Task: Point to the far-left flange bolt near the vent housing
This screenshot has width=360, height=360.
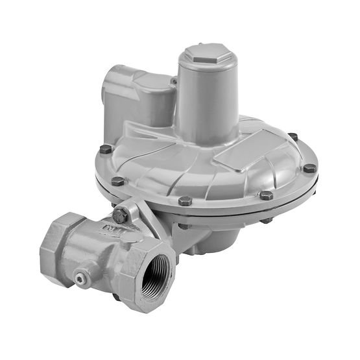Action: [x=106, y=149]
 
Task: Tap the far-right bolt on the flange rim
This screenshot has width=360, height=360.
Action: [x=309, y=168]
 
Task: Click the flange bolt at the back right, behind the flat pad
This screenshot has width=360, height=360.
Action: [x=293, y=137]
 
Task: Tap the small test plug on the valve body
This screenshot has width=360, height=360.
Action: [x=80, y=278]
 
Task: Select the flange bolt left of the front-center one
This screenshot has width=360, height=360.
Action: [x=117, y=182]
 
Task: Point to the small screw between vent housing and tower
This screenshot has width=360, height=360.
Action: [x=173, y=81]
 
